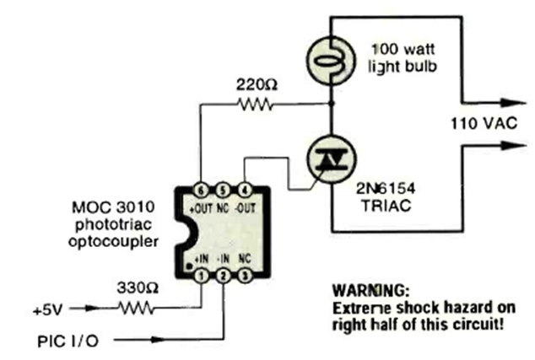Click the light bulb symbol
331,61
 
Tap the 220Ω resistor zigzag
255,105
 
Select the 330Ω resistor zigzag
136,308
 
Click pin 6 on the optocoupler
201,191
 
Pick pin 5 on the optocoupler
223,191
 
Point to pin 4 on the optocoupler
245,191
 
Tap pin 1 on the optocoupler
202,276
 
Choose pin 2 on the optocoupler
223,276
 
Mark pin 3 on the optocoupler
245,276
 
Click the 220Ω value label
257,84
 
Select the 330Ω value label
138,288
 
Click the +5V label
48,310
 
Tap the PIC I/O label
68,341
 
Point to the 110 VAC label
484,123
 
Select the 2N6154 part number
386,188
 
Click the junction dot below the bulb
331,104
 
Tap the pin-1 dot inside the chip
188,266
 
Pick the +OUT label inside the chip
201,208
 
